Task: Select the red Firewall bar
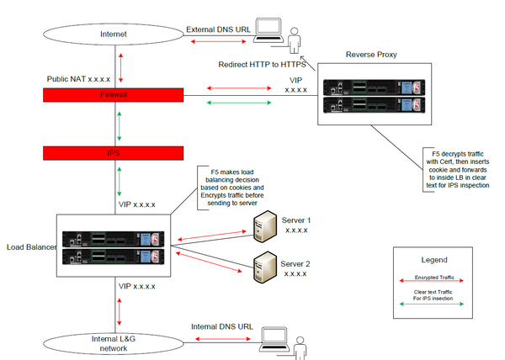click(x=113, y=96)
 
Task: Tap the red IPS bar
click(x=113, y=153)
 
